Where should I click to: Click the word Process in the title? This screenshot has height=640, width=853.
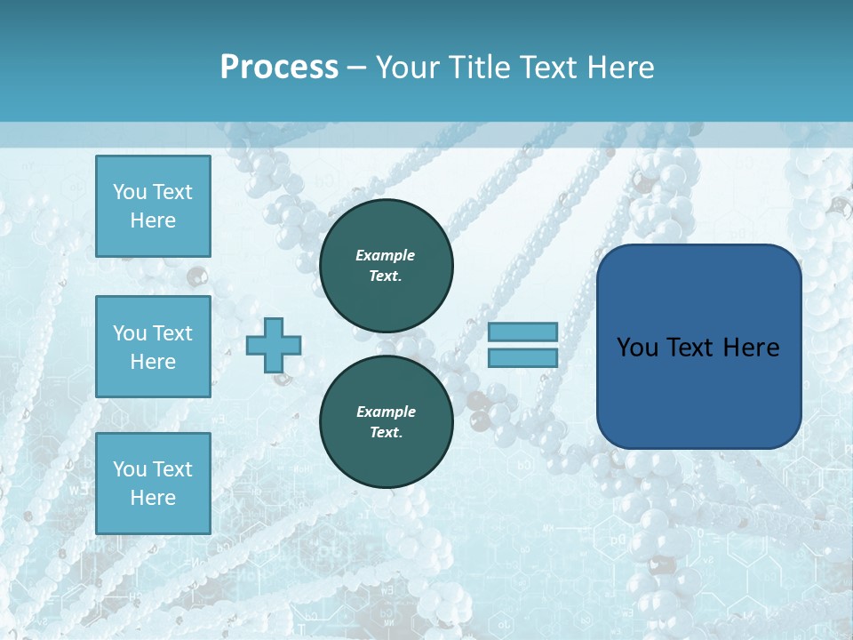[279, 68]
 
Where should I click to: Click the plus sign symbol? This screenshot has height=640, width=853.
[274, 345]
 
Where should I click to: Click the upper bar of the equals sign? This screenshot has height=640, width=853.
[523, 332]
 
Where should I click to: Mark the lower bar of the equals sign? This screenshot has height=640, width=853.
[523, 358]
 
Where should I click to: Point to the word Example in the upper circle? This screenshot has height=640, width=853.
[386, 255]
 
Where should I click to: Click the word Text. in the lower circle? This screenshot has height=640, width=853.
[386, 433]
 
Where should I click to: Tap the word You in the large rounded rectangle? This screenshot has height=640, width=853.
[638, 348]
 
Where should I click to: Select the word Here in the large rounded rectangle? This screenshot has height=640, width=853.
[751, 348]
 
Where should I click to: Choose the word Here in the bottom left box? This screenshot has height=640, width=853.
[153, 498]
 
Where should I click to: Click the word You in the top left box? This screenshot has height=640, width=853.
[129, 192]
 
